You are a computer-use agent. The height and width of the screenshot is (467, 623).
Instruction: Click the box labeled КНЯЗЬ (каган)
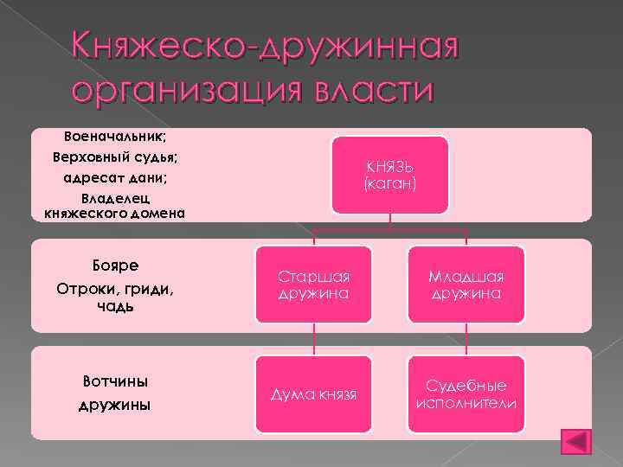coord(390,175)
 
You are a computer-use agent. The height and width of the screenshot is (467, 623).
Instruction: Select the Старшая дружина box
coord(314,285)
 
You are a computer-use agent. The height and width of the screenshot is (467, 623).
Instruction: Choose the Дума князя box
coord(314,394)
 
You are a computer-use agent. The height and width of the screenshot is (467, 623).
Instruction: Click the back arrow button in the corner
coord(575,441)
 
